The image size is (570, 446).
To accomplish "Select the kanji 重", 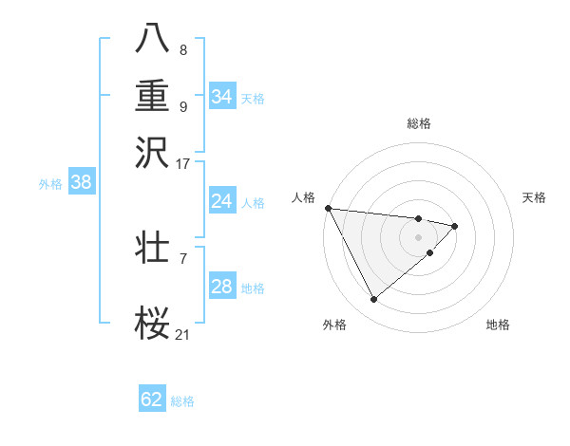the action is (152, 95).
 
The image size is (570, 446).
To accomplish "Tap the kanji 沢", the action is (152, 151).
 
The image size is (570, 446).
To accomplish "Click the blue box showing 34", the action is (221, 97).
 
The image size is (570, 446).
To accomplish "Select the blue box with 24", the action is (221, 201).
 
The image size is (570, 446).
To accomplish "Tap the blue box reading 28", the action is (221, 287).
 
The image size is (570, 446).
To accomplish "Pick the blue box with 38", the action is (81, 183).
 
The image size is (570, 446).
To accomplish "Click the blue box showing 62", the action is (152, 400).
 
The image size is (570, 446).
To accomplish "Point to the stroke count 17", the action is (183, 163).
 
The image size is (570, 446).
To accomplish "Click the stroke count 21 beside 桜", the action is (183, 334).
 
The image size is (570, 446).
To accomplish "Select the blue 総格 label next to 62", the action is (182, 400).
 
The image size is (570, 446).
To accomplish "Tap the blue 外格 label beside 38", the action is (50, 184).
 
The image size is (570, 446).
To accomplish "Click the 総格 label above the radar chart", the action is (418, 123).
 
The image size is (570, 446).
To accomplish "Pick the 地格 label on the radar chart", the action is (498, 325).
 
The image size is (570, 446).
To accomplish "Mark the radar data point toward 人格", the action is (327, 208).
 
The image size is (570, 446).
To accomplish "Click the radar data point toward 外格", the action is (373, 299).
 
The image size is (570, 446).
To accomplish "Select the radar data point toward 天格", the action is (455, 226).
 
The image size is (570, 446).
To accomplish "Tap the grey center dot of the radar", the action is (418, 237).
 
